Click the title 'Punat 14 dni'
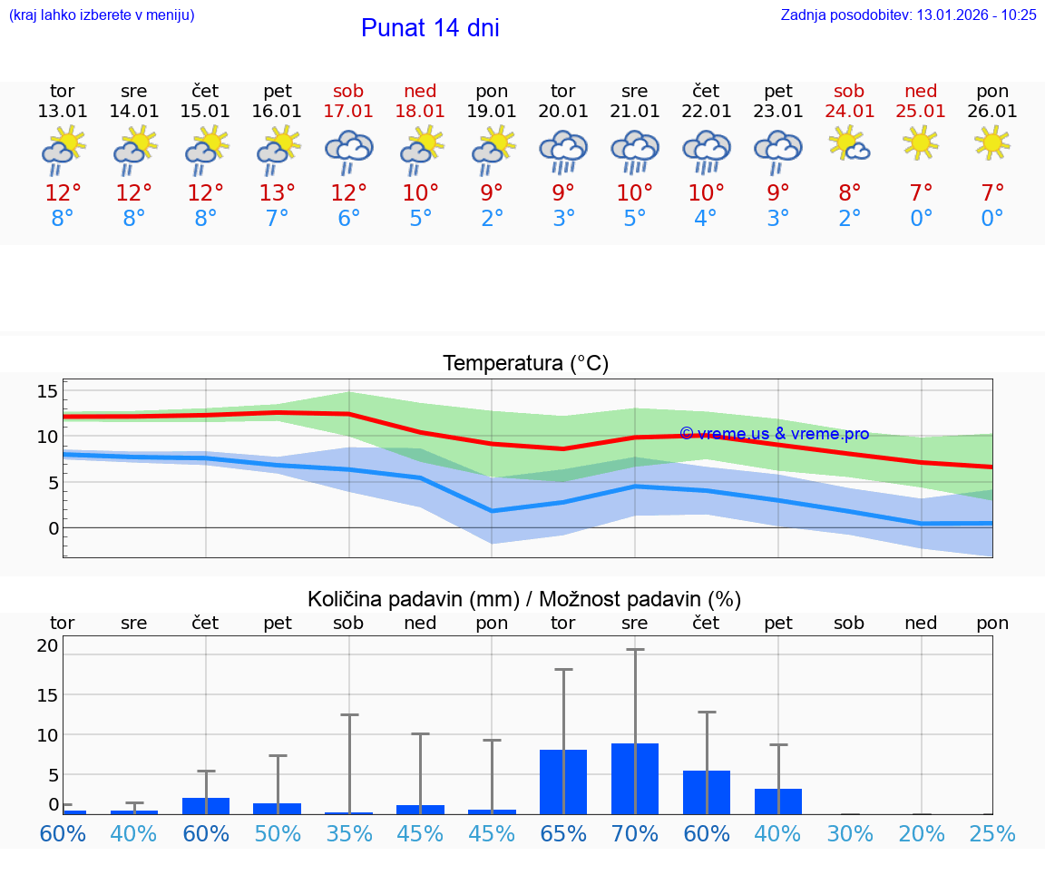tap(430, 28)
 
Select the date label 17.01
tap(348, 112)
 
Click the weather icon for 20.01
tap(563, 152)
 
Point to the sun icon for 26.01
tap(992, 143)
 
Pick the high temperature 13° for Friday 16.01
tap(277, 192)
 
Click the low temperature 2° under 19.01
tap(492, 219)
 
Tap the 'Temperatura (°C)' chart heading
tap(525, 364)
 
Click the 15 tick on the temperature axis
tap(47, 391)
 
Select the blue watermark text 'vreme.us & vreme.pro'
tap(775, 434)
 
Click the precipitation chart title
tap(524, 599)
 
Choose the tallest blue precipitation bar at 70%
tap(635, 779)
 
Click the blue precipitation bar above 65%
tap(563, 782)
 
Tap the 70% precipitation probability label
tap(635, 833)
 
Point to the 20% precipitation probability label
tap(922, 833)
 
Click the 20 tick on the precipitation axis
tap(47, 646)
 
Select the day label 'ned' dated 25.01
tap(921, 92)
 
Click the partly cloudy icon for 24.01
tap(849, 143)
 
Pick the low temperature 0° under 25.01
tap(922, 219)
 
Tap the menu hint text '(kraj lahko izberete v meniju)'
tap(102, 15)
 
